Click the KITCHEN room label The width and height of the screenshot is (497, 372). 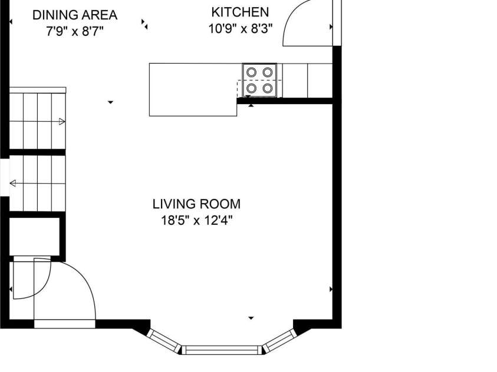click(240, 12)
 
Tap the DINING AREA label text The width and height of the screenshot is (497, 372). click(75, 15)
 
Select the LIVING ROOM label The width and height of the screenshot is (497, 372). click(196, 204)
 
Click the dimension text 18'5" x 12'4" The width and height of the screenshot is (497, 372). click(196, 220)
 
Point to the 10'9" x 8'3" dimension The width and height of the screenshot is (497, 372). click(241, 29)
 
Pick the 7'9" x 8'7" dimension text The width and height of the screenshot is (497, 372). click(75, 32)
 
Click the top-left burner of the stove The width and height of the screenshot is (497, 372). click(251, 72)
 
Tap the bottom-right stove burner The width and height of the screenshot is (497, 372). click(268, 88)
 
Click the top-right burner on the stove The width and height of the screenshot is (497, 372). click(268, 72)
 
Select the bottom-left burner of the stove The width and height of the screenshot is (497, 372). click(251, 88)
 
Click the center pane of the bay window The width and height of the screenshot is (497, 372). click(221, 350)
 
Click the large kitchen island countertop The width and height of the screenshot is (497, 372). click(193, 90)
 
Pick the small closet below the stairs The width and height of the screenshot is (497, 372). click(35, 237)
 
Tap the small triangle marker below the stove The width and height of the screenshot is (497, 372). click(251, 105)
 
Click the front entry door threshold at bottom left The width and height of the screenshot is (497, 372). click(65, 324)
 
